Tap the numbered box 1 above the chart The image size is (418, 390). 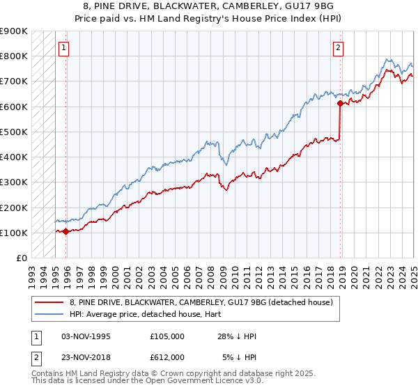point(63,48)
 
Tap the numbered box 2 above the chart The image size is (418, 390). point(338,48)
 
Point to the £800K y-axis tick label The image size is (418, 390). point(14,56)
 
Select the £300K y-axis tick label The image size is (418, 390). point(14,182)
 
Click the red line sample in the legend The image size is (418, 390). point(49,302)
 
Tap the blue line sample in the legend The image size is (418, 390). point(49,314)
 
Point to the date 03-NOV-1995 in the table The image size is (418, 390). point(86,336)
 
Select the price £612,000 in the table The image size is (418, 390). point(167,357)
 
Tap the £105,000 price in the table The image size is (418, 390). point(167,336)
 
